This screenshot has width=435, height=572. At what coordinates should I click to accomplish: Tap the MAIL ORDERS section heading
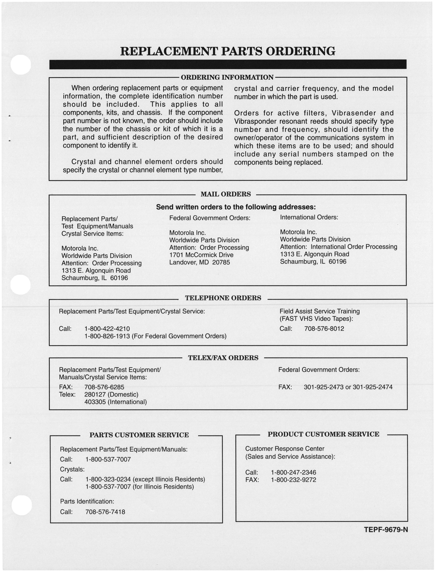click(226, 194)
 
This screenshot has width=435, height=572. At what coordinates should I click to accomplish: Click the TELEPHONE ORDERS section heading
click(223, 298)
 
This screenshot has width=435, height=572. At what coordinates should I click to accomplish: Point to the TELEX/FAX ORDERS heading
click(223, 358)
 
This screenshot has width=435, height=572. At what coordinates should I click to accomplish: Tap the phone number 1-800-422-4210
click(107, 329)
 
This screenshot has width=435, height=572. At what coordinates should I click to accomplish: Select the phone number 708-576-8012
click(324, 329)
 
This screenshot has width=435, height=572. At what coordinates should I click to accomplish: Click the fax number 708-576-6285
click(104, 387)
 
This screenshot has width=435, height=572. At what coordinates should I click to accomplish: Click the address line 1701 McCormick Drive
click(201, 255)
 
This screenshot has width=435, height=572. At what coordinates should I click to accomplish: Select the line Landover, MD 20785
click(199, 262)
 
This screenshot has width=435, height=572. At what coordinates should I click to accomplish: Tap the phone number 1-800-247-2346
click(293, 473)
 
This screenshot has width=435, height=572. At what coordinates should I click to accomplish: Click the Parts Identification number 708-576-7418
click(105, 512)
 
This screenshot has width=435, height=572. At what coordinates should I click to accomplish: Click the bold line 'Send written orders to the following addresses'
click(236, 207)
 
